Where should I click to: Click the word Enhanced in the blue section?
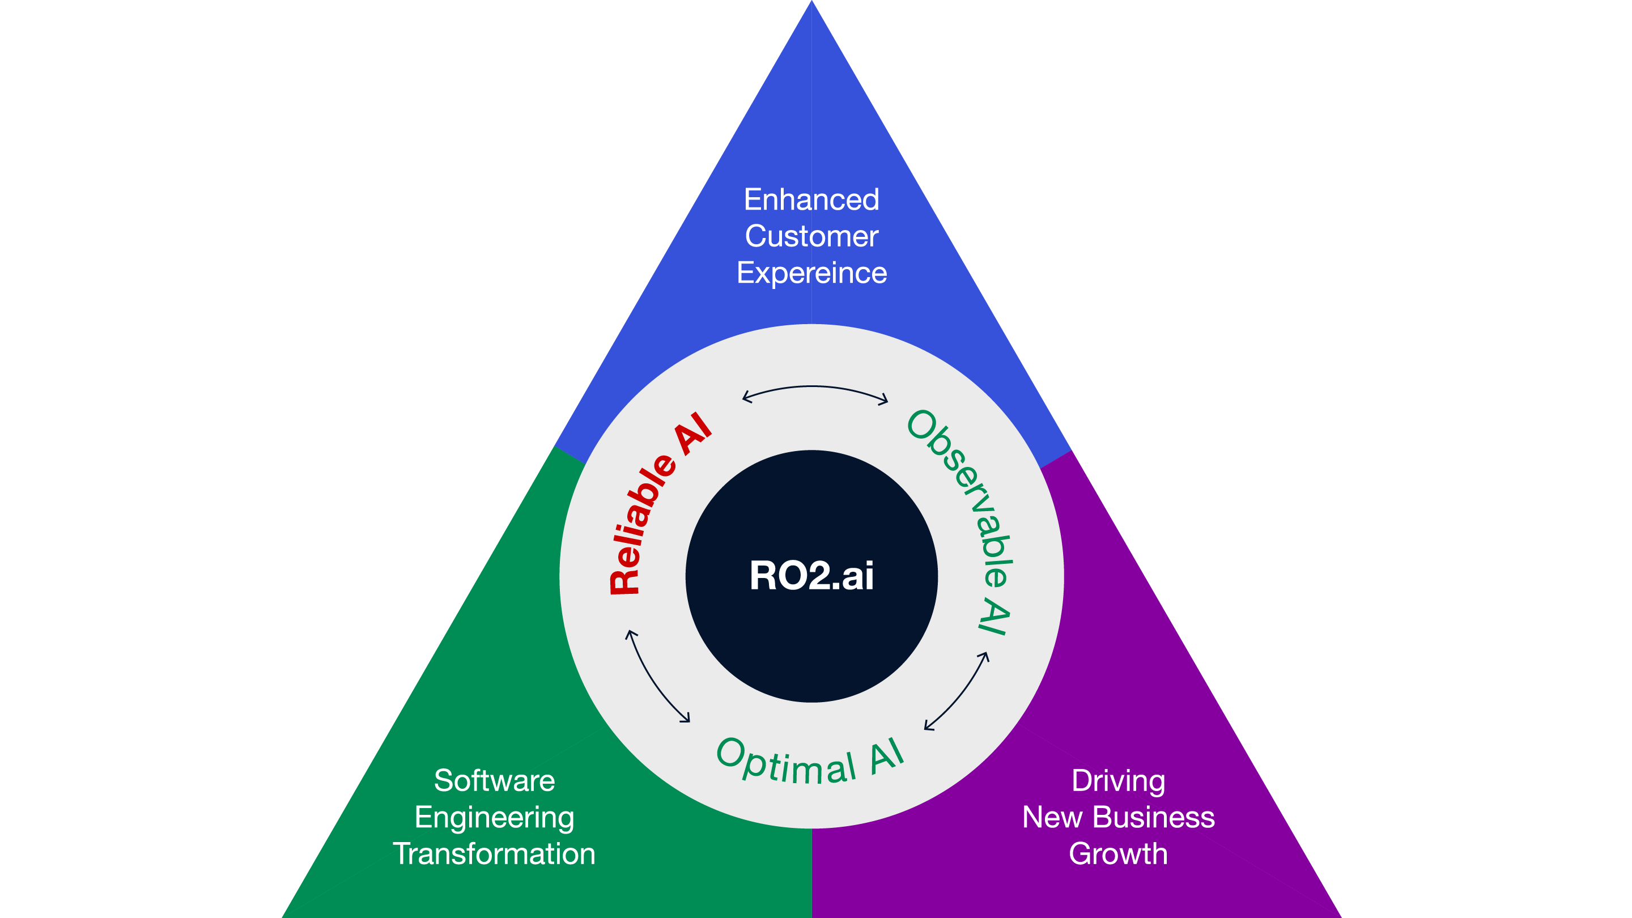(x=811, y=199)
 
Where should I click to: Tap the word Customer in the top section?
(x=811, y=236)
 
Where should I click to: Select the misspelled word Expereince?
(x=811, y=273)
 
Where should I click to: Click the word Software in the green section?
(x=494, y=780)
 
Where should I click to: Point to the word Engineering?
(x=494, y=817)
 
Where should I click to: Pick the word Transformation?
(x=494, y=854)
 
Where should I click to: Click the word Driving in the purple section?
(x=1118, y=780)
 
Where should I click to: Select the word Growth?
(x=1118, y=854)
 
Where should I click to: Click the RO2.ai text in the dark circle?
(x=811, y=576)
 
